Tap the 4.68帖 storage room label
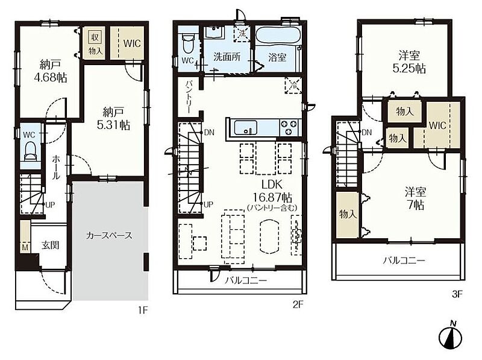tap(51, 71)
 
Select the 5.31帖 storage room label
tap(113, 118)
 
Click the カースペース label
tap(109, 236)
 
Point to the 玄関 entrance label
tap(51, 245)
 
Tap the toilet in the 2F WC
tap(187, 43)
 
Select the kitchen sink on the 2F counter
tap(246, 128)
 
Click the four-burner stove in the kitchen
tap(289, 128)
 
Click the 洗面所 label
tap(227, 57)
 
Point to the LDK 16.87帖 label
tap(272, 191)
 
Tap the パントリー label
tap(189, 97)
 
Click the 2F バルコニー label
tap(246, 280)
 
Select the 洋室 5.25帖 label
tap(409, 62)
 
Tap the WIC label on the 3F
tap(437, 125)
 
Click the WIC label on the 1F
tap(132, 43)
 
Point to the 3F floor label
tap(457, 294)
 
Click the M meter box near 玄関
tap(25, 247)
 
